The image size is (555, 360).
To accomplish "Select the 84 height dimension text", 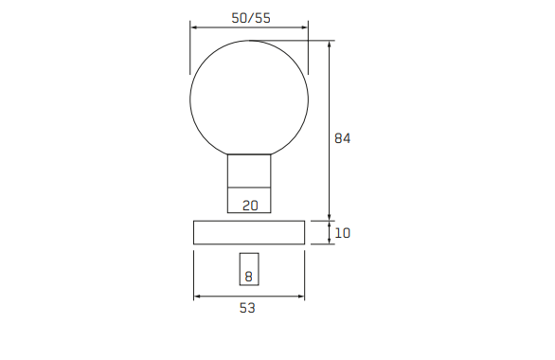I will [343, 138].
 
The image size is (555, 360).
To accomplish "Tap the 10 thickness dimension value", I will [343, 233].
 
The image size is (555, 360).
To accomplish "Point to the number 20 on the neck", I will [250, 205].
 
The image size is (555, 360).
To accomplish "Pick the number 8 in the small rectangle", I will [249, 277].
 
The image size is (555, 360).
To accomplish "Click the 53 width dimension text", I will [249, 308].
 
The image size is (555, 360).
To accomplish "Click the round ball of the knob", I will [250, 97].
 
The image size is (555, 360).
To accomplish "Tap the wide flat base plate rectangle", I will [250, 233].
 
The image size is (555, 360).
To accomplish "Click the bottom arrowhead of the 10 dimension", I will [330, 242].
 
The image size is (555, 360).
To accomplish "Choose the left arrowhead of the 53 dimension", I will [197, 297].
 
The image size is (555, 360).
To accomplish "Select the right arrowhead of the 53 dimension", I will [302, 297].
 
